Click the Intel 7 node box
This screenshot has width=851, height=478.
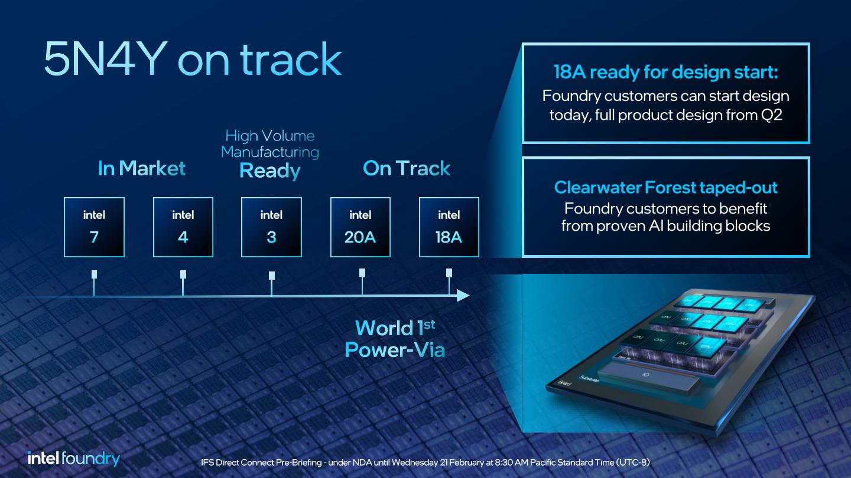pos(94,227)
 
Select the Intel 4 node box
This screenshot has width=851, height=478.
pos(183,227)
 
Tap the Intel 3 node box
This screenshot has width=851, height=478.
pos(271,227)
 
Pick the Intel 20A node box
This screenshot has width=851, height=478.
pos(360,227)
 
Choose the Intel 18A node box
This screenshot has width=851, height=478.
pos(449,227)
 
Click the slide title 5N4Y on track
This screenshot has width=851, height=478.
pos(193,59)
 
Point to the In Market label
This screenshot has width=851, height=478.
pos(141,169)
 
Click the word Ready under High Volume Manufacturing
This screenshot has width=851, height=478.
pos(270,171)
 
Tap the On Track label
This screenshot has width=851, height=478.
pos(407,169)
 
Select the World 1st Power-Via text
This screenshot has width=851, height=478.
pos(395,339)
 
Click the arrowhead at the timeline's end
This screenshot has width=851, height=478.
pos(463,295)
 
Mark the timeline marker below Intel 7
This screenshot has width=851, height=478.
pos(94,275)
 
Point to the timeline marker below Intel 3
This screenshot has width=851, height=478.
pos(271,276)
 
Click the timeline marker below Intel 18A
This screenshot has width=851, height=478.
pos(449,273)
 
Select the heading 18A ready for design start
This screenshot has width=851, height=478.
pos(665,73)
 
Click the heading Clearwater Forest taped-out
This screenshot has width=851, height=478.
pos(665,188)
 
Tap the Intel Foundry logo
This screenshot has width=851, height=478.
pos(74,459)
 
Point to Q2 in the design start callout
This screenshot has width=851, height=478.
pos(771,114)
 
